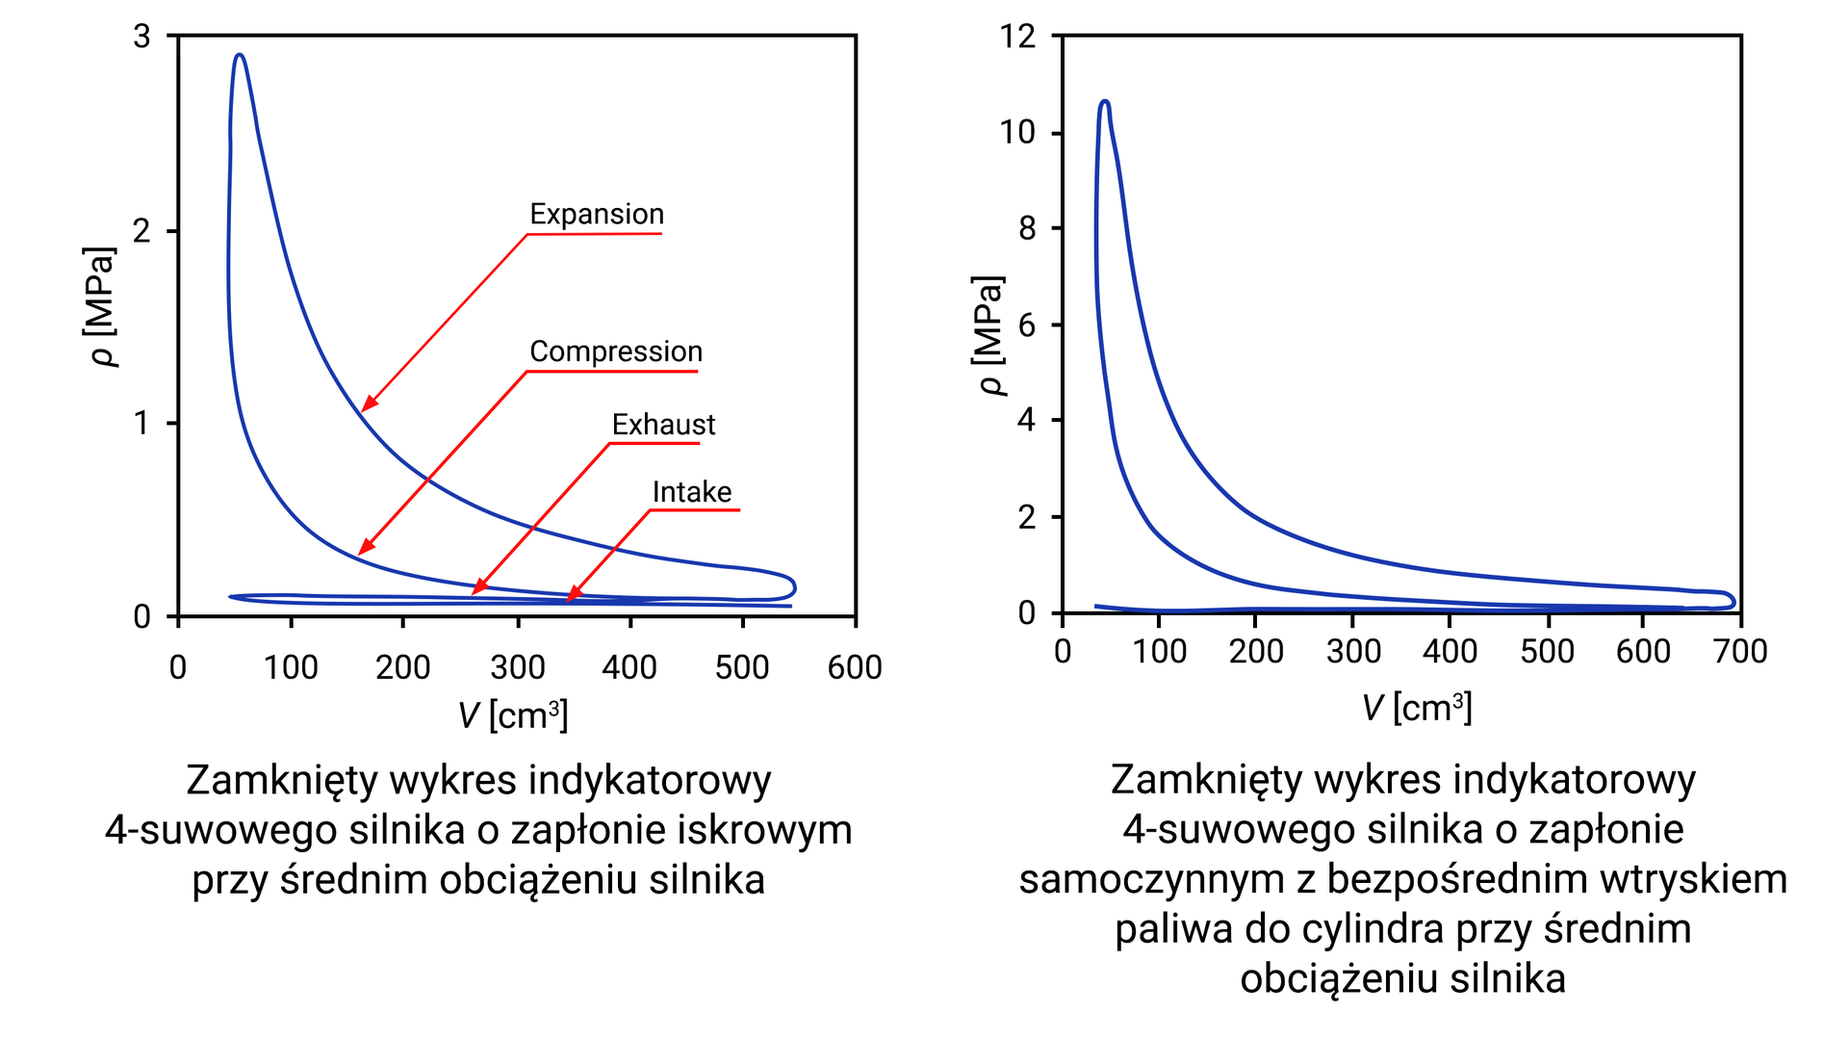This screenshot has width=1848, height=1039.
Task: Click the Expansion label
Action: click(597, 214)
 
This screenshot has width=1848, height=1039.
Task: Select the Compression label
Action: click(616, 351)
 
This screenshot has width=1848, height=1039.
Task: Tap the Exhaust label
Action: click(663, 425)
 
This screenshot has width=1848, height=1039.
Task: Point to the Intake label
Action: click(691, 492)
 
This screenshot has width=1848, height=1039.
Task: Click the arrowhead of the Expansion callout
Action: click(366, 407)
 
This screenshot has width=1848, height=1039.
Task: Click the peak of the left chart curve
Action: click(240, 56)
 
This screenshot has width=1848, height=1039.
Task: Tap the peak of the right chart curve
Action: click(1104, 101)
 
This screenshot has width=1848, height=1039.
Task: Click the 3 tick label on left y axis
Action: click(142, 37)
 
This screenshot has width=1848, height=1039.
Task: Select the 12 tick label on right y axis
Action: click(1017, 37)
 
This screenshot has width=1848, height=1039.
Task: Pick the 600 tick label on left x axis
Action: click(854, 667)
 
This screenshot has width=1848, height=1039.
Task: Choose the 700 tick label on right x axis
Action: click(1740, 652)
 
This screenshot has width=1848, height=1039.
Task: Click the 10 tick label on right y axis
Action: click(1017, 132)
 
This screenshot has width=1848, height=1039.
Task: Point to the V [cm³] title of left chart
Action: click(513, 715)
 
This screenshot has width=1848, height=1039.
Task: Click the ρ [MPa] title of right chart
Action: click(989, 335)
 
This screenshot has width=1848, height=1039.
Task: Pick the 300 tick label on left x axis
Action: click(517, 667)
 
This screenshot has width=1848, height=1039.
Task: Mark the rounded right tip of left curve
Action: click(794, 586)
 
